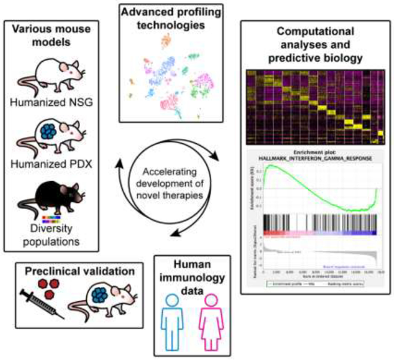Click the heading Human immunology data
pos(192,277)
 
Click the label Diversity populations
pos(51,235)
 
